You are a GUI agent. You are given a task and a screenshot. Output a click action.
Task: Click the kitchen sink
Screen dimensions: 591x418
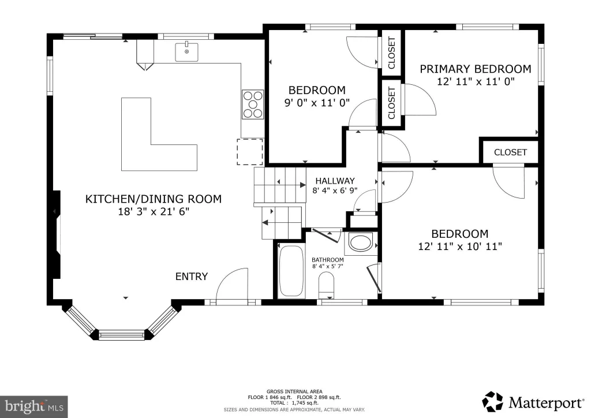point(186,52)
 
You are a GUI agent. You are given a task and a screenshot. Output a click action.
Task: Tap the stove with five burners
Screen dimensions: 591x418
point(253,104)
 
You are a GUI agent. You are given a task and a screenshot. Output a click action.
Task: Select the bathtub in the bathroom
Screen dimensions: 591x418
point(291,271)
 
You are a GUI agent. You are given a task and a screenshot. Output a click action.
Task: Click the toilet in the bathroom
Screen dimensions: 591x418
point(327,285)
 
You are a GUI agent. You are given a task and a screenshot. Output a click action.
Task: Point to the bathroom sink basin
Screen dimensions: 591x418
point(360,242)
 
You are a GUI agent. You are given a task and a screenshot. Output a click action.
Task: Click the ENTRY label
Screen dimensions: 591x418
point(192,277)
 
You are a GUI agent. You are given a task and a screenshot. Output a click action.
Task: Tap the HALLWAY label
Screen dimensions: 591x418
point(335,181)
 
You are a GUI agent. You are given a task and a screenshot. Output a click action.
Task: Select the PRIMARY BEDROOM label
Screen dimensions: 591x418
point(476,69)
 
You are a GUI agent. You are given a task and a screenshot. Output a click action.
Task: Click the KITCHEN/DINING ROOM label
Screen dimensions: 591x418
point(154,199)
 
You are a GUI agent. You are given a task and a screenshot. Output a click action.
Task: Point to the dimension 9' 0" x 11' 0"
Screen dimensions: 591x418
point(317,103)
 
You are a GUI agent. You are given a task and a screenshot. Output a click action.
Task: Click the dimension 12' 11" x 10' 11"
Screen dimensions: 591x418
point(460,247)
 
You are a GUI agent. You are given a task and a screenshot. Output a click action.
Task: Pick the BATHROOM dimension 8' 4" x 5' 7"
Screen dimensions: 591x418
point(328,267)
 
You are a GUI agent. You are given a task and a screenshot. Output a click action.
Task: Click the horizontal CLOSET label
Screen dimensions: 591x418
point(510,152)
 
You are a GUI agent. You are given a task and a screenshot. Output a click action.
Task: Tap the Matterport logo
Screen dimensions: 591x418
point(533,402)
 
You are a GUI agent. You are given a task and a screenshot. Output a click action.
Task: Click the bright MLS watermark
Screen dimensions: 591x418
point(34,406)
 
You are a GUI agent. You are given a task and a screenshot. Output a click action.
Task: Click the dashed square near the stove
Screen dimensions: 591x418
point(249,152)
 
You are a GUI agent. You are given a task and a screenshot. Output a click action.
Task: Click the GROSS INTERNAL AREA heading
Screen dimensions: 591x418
point(294,391)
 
